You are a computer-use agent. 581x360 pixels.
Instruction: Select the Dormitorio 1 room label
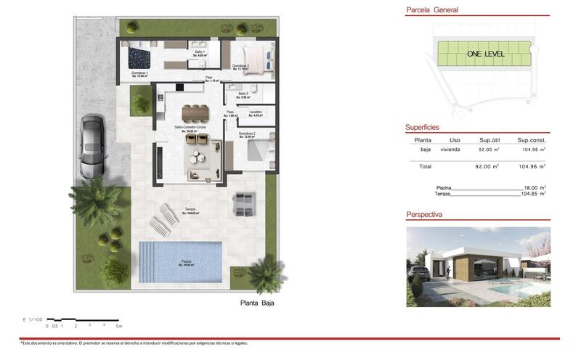click(140, 73)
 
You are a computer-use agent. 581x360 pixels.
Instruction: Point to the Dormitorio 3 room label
click(240, 67)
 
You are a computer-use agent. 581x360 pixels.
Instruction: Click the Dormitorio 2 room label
click(247, 134)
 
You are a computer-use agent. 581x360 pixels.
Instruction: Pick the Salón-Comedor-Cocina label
click(190, 127)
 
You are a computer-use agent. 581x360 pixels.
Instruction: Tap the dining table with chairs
click(195, 112)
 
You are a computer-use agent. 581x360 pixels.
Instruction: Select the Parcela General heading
click(432, 10)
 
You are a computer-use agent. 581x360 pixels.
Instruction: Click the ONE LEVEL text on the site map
click(486, 54)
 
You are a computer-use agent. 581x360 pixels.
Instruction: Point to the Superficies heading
click(422, 127)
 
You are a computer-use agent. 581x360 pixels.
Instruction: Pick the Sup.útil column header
click(492, 140)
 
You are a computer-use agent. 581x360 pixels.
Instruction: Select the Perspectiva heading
click(424, 215)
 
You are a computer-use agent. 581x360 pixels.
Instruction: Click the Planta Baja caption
click(257, 303)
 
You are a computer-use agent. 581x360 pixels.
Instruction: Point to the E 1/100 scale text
click(34, 319)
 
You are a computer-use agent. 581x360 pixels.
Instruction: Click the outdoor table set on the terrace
click(243, 203)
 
